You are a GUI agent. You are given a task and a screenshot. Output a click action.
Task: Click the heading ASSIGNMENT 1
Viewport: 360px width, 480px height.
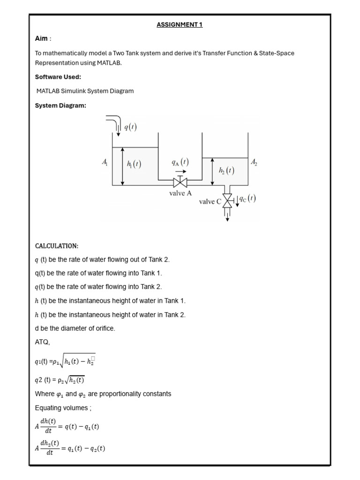coord(180,25)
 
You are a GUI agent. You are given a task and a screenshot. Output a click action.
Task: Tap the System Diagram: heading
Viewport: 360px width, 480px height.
coord(60,105)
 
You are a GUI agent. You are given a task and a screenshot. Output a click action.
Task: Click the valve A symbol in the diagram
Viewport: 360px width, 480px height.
coord(180,183)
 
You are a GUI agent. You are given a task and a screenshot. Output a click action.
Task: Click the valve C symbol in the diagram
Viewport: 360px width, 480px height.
coord(228,201)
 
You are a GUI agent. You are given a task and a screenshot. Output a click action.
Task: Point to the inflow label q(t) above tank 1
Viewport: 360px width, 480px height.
coord(130,127)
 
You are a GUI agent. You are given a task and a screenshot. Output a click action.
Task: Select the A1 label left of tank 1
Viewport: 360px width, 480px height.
coord(105,162)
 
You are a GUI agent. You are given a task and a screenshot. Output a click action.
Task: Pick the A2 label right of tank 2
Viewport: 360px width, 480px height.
coord(254,162)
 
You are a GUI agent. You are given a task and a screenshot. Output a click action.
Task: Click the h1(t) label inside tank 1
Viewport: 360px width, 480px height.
coord(134,164)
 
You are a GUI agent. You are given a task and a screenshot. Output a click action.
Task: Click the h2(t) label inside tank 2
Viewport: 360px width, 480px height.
coord(227,171)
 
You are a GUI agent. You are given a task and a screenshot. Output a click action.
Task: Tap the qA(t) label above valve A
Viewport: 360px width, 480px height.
coord(180,162)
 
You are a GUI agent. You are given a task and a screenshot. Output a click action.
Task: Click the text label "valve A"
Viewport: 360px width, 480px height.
coord(180,193)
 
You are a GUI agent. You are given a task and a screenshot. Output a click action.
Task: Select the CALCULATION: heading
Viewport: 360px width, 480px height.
coord(57,246)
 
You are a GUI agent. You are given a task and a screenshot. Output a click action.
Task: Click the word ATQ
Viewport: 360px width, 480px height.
coord(42,342)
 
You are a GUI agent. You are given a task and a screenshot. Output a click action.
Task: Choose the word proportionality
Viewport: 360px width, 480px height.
coord(119,394)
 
